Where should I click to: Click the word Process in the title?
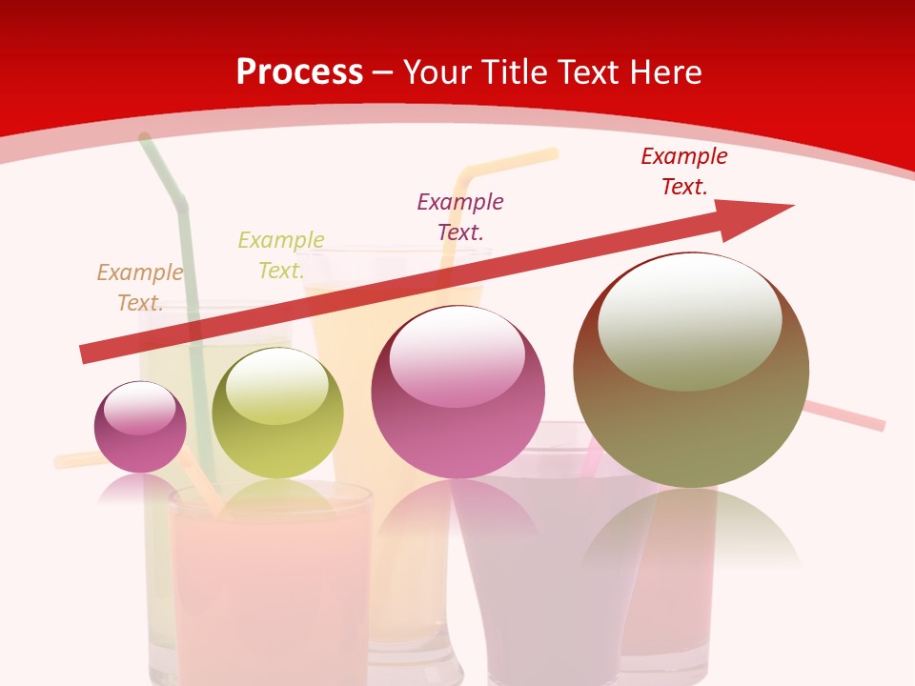pos(299,72)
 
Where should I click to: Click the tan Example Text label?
pos(140,288)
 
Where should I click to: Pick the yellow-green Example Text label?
pos(281,255)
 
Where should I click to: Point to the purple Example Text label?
pos(460,216)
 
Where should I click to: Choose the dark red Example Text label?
pos(684,171)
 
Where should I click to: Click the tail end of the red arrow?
pos(88,353)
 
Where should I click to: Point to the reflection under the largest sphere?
pos(691,534)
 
